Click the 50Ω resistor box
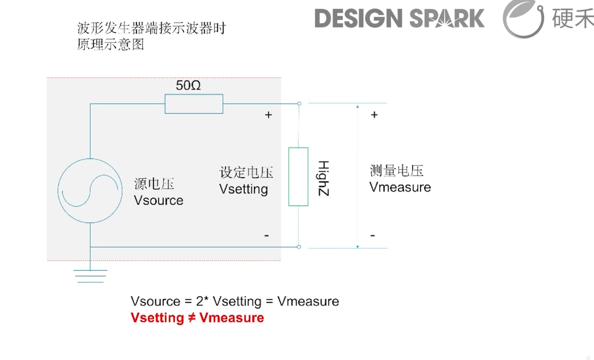[x=194, y=104]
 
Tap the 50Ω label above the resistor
[x=188, y=86]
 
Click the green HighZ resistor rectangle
[x=298, y=177]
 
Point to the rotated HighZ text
[x=323, y=178]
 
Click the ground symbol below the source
[x=90, y=275]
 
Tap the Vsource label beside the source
[x=159, y=201]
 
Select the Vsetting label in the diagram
[x=243, y=189]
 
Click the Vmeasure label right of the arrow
[x=400, y=187]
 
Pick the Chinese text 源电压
[x=154, y=184]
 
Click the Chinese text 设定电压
[x=246, y=173]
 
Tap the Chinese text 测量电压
[x=396, y=171]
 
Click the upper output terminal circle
[x=299, y=103]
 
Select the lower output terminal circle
[x=299, y=247]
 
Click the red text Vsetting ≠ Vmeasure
[x=197, y=318]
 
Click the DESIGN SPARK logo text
[x=399, y=18]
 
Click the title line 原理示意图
[x=110, y=45]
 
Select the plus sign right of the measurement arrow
[x=374, y=115]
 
